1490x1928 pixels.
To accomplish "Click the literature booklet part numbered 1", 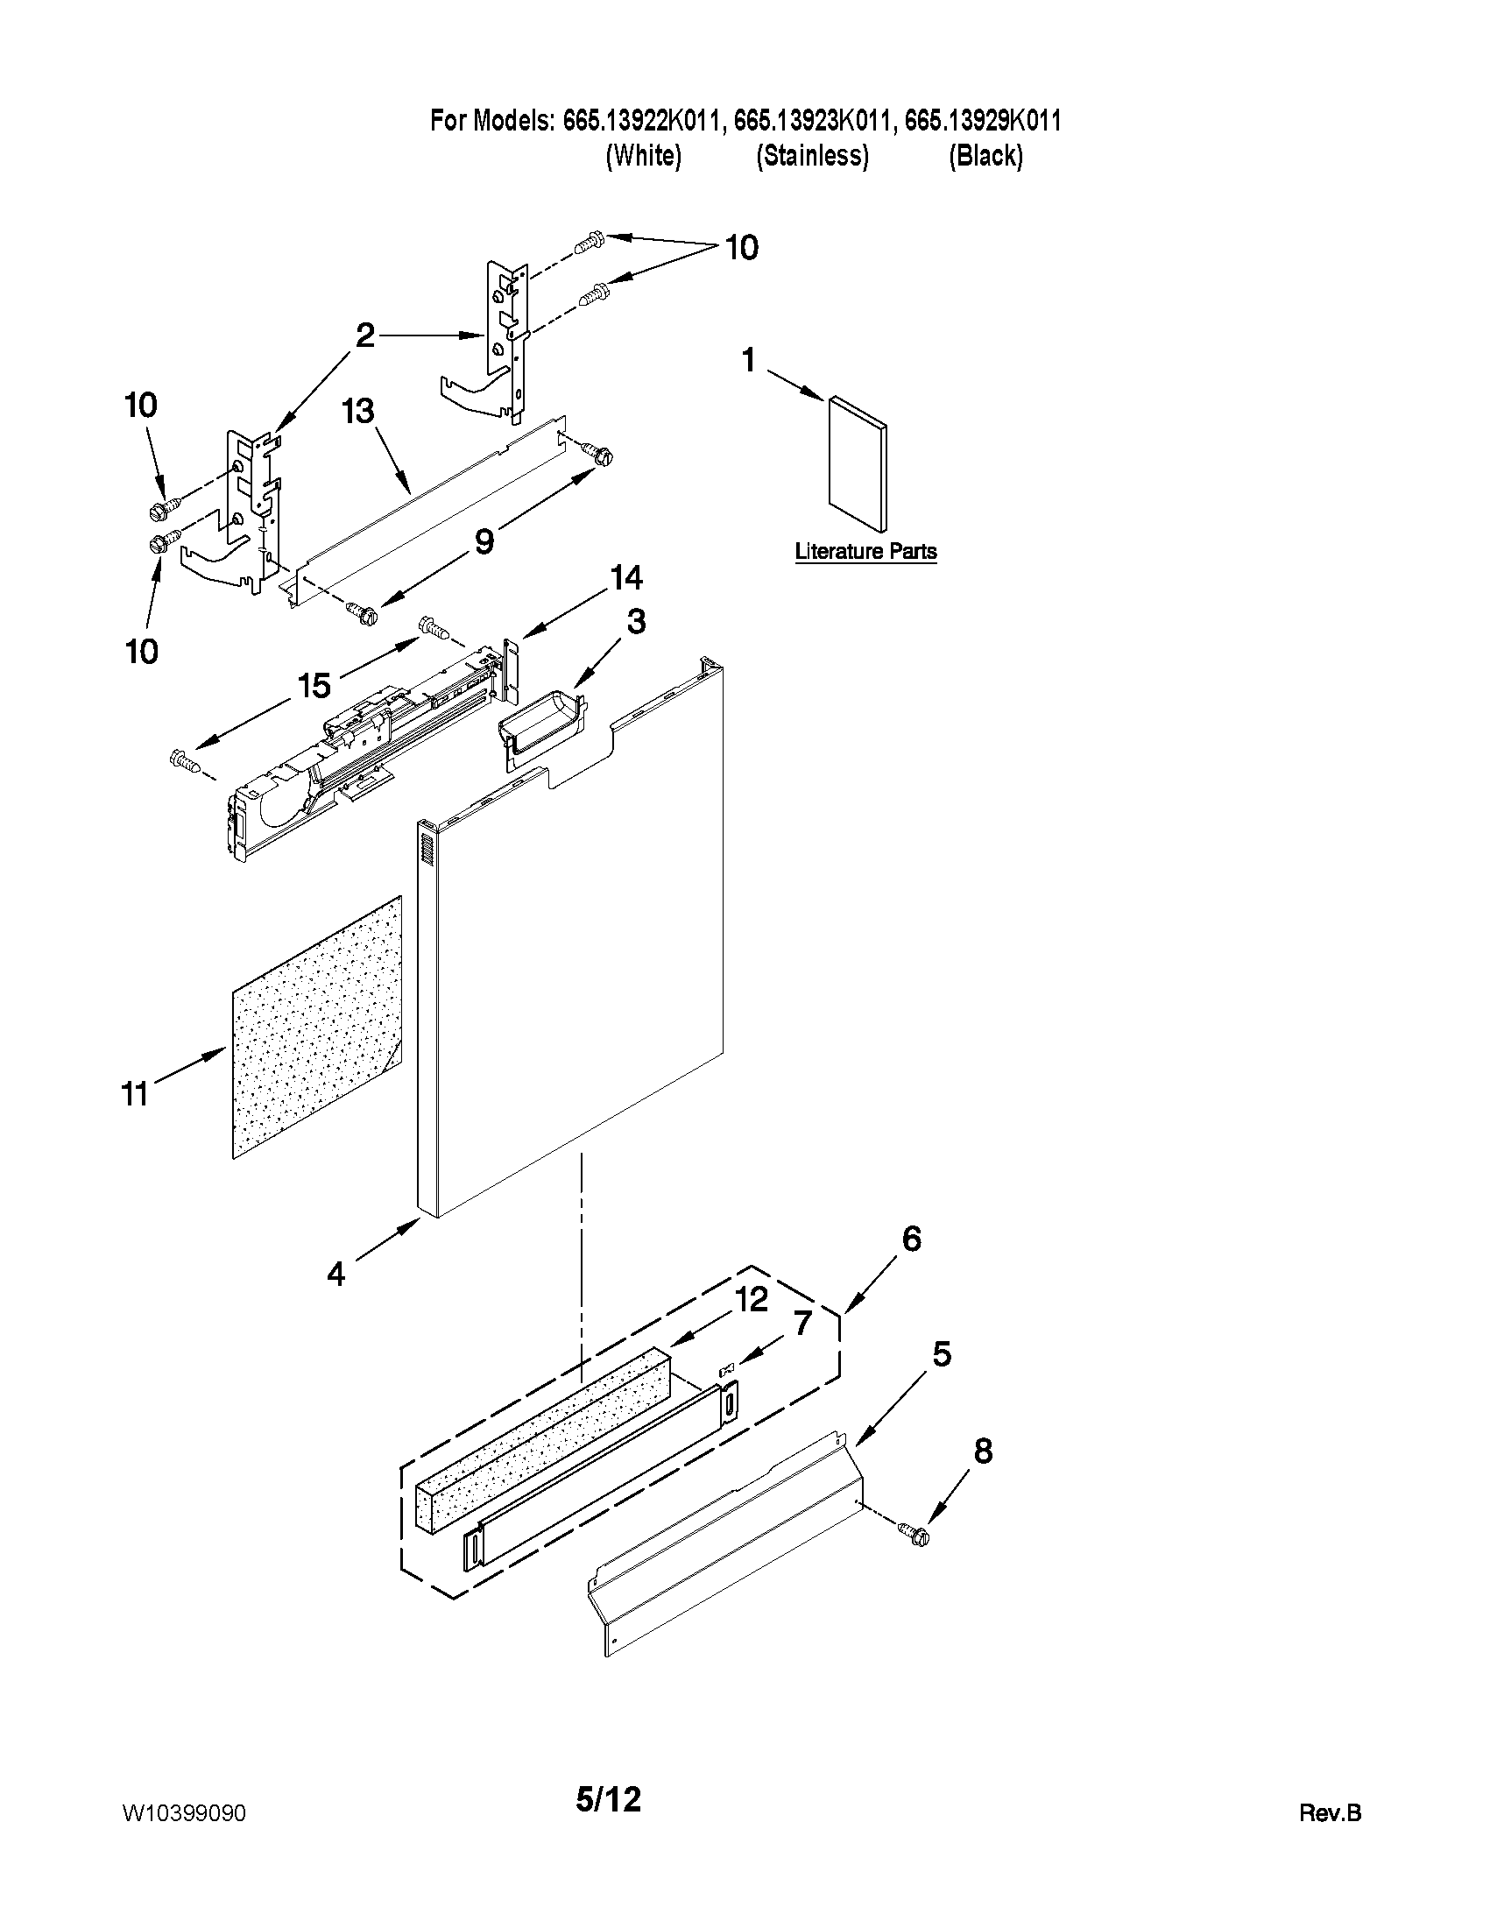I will pos(858,465).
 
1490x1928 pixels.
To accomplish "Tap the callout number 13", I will pos(359,412).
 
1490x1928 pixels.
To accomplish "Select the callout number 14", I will pos(625,578).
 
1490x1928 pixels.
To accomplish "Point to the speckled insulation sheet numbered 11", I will pos(316,1028).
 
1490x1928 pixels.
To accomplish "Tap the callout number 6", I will pos(912,1239).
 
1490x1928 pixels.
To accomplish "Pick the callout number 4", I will pos(336,1274).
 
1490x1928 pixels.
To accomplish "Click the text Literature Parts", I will pos(865,552).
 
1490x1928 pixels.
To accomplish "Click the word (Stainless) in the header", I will pos(812,156).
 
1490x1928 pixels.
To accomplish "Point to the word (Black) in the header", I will pos(985,156).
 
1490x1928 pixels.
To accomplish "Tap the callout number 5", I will pos(942,1354).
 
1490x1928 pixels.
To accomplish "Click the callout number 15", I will pos(314,685).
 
